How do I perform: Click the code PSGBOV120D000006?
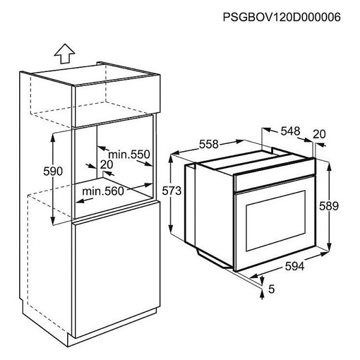(282, 17)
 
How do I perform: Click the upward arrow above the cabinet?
(65, 53)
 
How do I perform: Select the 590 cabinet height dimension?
(53, 171)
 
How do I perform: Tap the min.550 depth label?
(129, 154)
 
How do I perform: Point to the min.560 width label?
(103, 191)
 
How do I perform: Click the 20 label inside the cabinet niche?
(107, 164)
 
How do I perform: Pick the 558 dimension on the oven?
(208, 145)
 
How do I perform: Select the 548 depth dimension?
(290, 131)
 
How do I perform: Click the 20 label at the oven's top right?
(319, 134)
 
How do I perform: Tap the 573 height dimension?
(172, 191)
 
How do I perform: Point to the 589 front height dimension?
(329, 206)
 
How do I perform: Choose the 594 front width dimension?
(295, 266)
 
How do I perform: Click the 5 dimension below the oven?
(271, 289)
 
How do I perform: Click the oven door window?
(276, 221)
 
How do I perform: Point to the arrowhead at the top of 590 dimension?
(53, 136)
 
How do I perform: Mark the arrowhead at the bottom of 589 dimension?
(329, 247)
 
